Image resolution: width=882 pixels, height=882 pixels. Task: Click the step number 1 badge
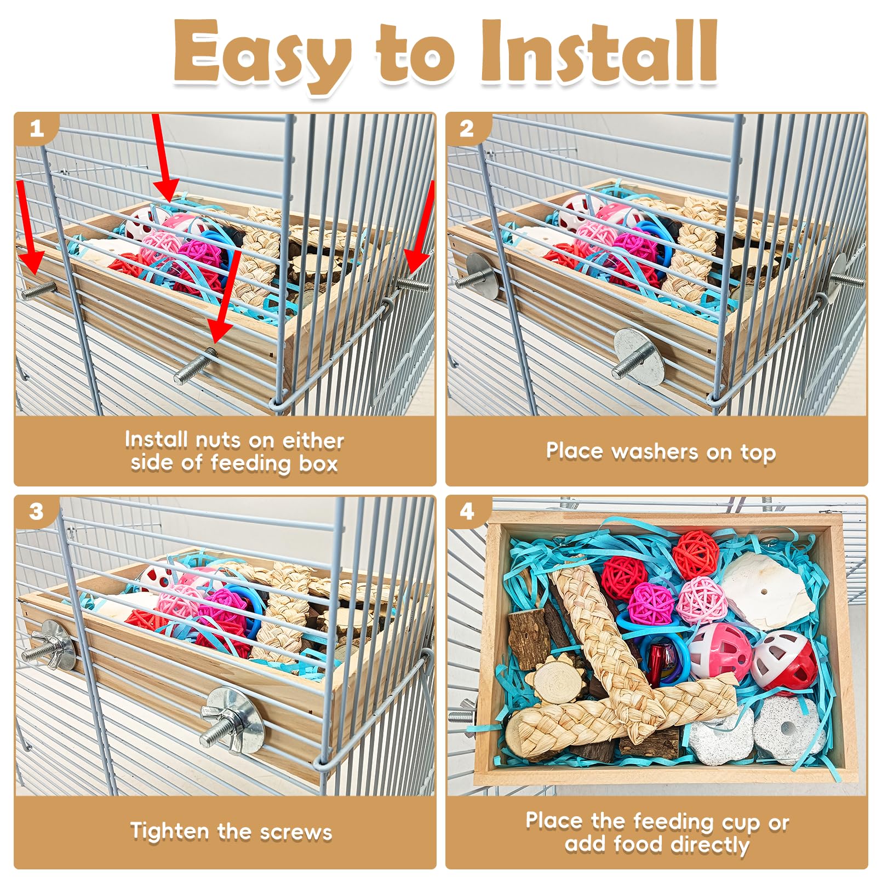pyautogui.click(x=36, y=129)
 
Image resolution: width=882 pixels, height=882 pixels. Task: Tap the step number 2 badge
pyautogui.click(x=466, y=129)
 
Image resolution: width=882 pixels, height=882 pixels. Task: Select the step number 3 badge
pyautogui.click(x=36, y=512)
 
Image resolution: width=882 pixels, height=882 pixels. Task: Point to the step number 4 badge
pyautogui.click(x=466, y=512)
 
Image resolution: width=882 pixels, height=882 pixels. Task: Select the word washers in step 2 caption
pyautogui.click(x=655, y=452)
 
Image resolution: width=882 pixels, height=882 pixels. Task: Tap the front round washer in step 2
pyautogui.click(x=638, y=356)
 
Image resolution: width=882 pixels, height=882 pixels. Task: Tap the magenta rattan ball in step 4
pyautogui.click(x=651, y=603)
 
